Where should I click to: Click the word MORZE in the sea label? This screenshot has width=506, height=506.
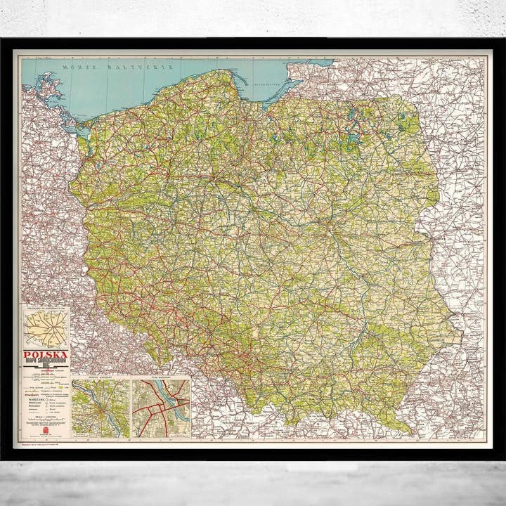77,67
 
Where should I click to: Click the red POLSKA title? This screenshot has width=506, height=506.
46,355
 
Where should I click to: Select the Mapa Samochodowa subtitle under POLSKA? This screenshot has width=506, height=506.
46,363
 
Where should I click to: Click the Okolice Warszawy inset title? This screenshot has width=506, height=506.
101,380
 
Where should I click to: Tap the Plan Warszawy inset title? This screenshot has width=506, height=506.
162,380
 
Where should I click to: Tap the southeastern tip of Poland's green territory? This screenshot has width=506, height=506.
408,429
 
